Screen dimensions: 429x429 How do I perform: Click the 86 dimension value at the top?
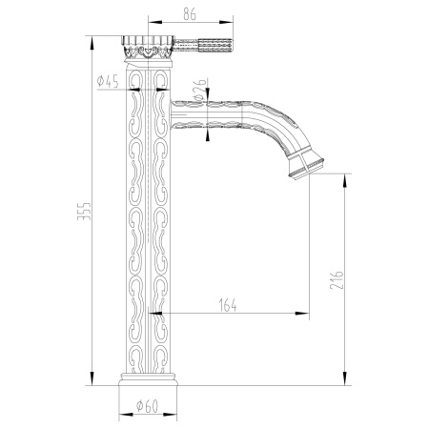pos(192,13)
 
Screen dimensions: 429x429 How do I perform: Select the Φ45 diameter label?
pos(108,82)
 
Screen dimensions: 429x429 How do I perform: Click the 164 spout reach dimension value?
pos(228,304)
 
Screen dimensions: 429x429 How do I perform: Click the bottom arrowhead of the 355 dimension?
pos(93,384)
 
